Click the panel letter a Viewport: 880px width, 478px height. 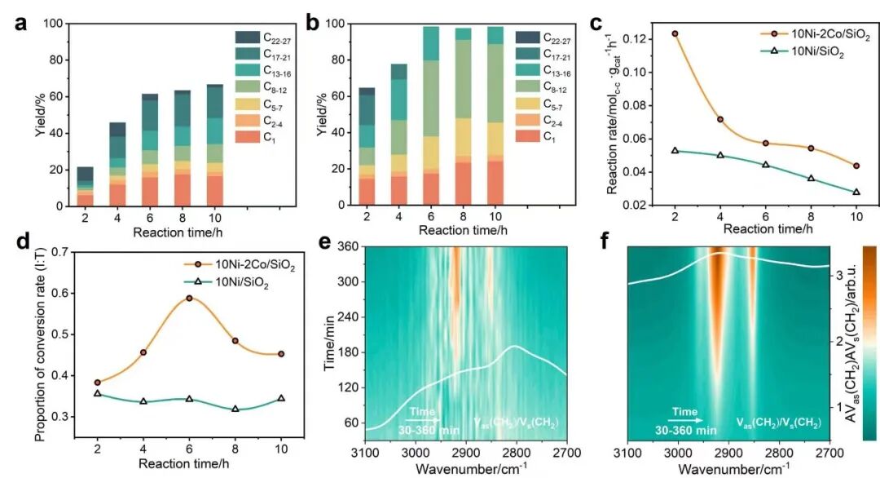(x=21, y=24)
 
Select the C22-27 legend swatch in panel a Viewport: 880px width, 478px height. (x=248, y=38)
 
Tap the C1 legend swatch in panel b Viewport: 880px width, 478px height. (x=527, y=135)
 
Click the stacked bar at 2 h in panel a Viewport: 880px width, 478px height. (x=86, y=187)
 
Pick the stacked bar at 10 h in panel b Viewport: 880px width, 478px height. (x=495, y=116)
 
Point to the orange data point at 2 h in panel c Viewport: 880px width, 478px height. (x=675, y=33)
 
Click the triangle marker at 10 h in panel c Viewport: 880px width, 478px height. (x=856, y=192)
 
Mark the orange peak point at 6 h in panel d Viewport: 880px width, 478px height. (x=189, y=299)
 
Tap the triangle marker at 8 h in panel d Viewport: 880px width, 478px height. (x=235, y=409)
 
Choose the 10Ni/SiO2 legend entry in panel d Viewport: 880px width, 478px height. (x=227, y=283)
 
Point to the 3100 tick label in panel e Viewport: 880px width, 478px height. (x=365, y=452)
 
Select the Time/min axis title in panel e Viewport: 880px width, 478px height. (x=329, y=343)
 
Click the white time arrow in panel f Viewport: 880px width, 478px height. (x=685, y=420)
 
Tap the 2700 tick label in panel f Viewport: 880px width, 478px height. (x=829, y=452)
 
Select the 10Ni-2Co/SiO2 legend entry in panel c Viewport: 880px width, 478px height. (x=816, y=34)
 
